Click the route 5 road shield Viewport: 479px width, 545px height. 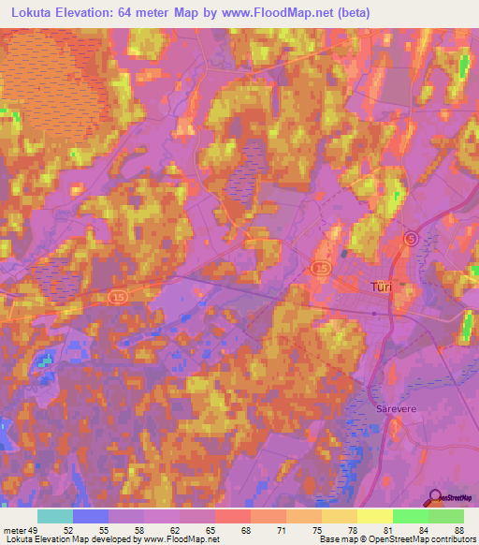(411, 239)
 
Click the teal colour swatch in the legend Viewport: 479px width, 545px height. (55, 516)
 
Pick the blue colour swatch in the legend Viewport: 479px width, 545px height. (91, 516)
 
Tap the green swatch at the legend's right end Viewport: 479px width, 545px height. (446, 516)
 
